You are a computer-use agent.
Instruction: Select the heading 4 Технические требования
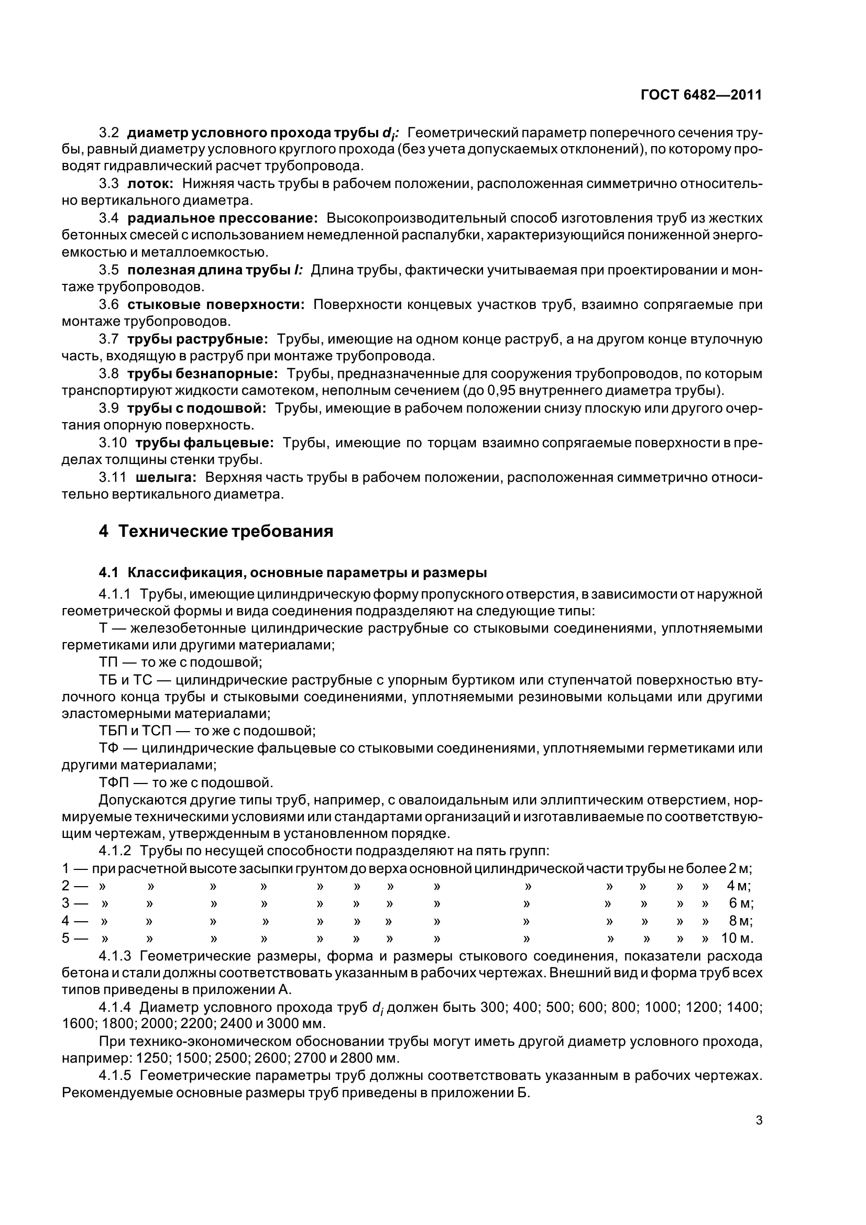[216, 532]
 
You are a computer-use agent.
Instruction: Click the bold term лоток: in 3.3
[150, 184]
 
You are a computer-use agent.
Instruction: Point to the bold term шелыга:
[166, 477]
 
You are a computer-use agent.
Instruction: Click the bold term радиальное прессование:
[223, 218]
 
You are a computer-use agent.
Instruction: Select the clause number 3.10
[113, 443]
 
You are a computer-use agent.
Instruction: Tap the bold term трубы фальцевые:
[204, 443]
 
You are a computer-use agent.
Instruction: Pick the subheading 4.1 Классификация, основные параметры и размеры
[292, 573]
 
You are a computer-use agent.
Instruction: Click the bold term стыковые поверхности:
[215, 305]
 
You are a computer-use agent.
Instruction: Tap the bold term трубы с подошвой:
[196, 408]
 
